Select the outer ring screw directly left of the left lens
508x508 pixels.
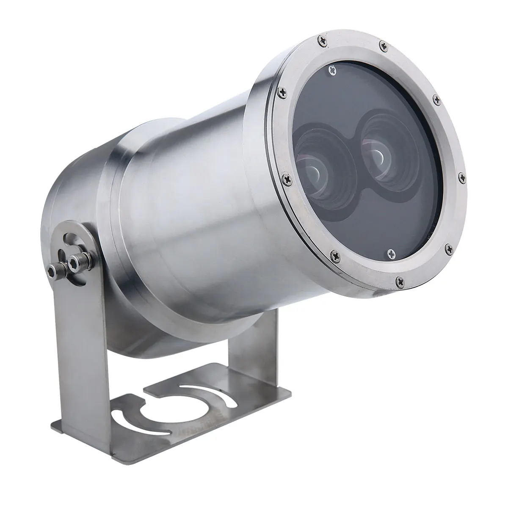[284, 177]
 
